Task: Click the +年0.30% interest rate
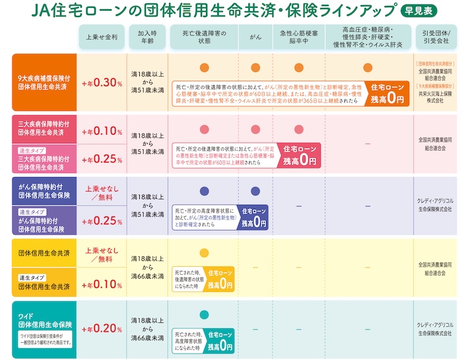(102, 83)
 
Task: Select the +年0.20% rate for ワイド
(102, 328)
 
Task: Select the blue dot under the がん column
(255, 192)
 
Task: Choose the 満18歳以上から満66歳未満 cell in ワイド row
(147, 328)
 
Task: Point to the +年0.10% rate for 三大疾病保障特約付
(102, 130)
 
